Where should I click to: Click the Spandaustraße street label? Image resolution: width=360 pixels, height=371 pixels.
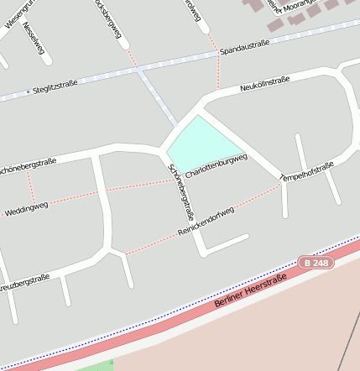tap(244, 50)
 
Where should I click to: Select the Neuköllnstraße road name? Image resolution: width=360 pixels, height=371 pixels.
tap(264, 83)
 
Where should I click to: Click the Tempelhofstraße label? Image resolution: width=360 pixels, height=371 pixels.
tap(306, 171)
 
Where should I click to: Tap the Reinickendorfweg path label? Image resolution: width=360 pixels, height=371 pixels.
tap(206, 220)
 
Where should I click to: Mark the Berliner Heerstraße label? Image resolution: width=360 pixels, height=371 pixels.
tap(250, 290)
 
